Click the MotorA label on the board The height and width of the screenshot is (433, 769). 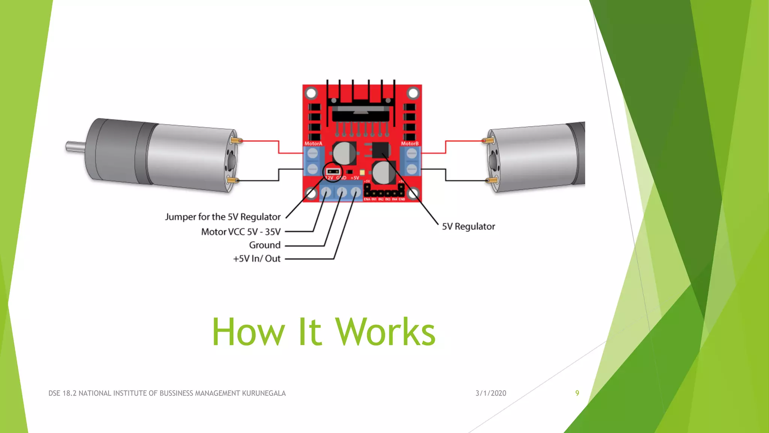(x=313, y=144)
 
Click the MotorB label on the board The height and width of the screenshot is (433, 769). (x=409, y=144)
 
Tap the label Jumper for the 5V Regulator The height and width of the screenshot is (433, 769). (x=223, y=217)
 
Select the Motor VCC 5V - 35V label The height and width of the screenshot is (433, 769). (x=241, y=232)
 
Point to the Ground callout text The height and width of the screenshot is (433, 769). (x=265, y=245)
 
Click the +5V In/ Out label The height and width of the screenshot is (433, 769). (x=257, y=259)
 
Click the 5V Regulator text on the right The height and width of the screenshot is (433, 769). (x=468, y=226)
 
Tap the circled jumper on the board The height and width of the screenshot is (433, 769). (x=333, y=172)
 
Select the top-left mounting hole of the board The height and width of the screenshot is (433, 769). (x=311, y=93)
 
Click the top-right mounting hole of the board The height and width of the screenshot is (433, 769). (x=413, y=93)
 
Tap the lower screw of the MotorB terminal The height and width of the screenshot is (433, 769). (x=412, y=169)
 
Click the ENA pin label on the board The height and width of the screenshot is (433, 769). (x=366, y=199)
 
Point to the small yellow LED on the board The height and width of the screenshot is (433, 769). (x=362, y=172)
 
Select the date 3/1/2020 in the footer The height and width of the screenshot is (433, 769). (x=490, y=393)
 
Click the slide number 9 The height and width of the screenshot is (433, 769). (x=577, y=393)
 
